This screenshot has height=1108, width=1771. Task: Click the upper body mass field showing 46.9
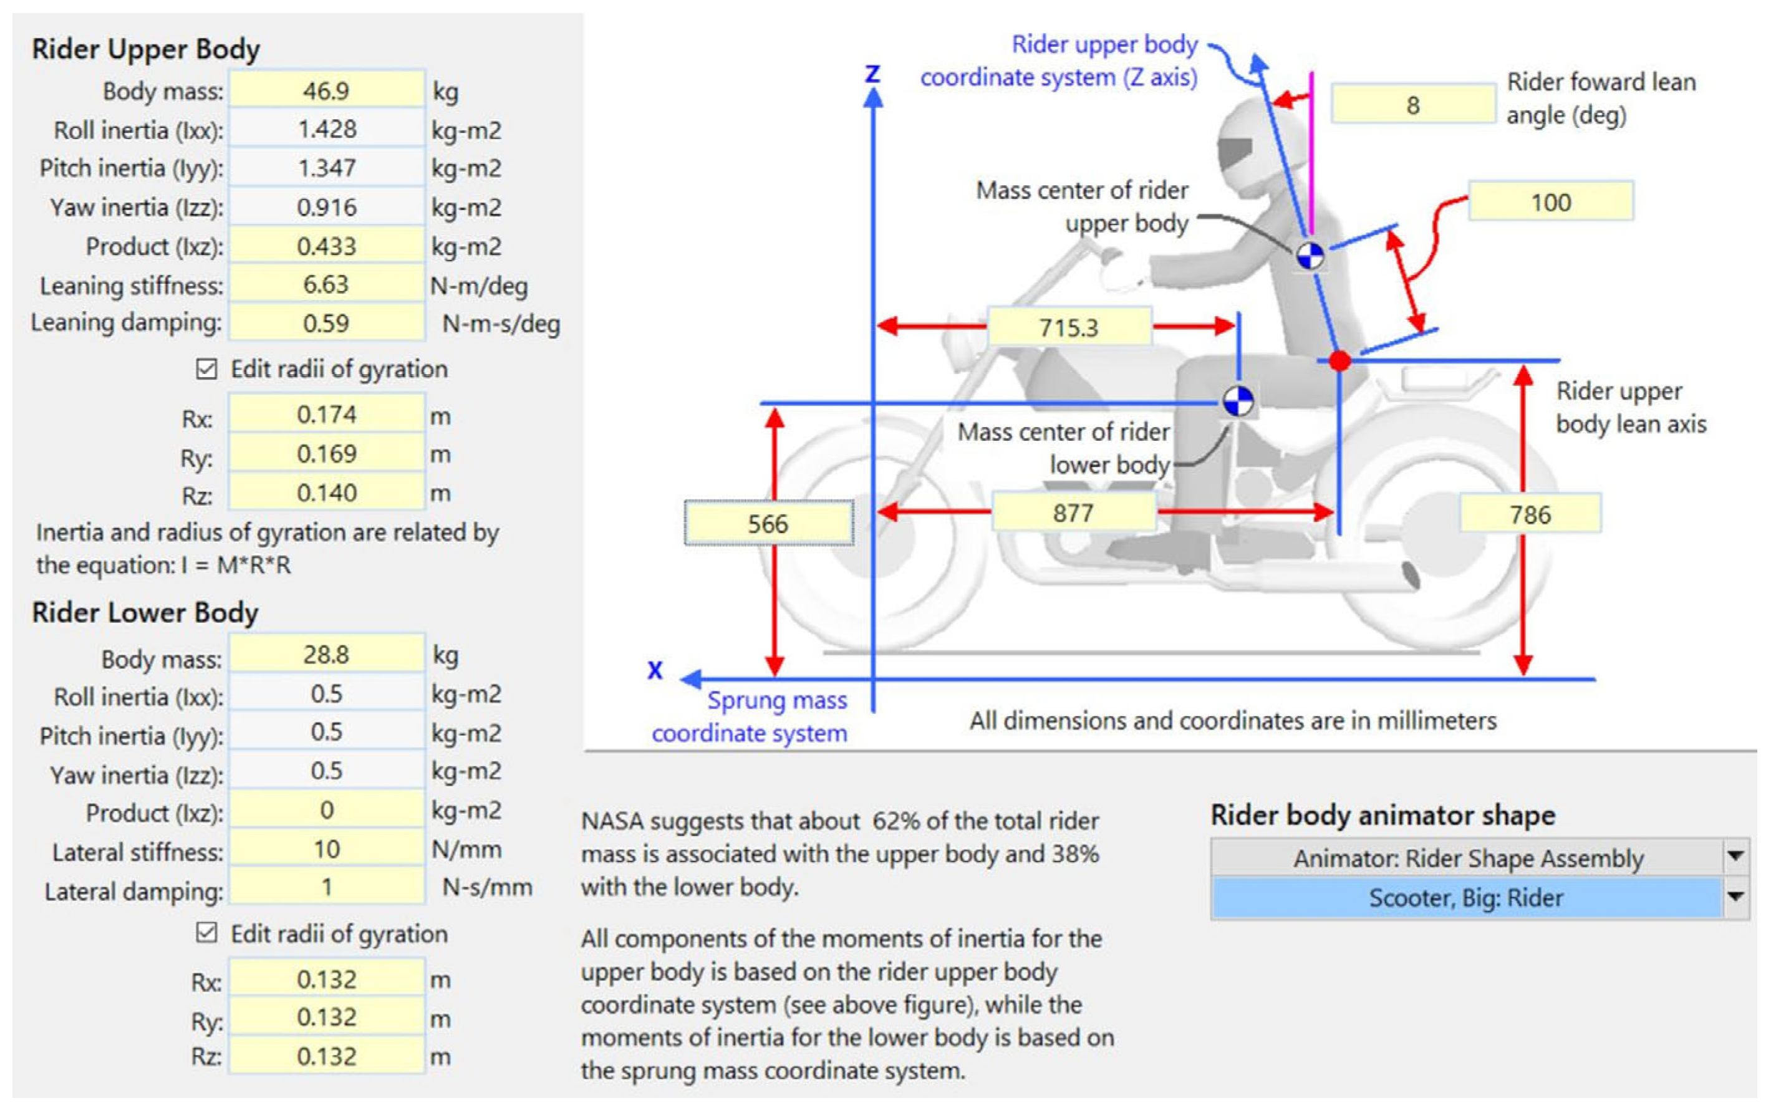[x=327, y=91]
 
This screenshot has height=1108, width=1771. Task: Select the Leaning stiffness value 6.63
[x=327, y=284]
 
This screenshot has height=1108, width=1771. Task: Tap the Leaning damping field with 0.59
[x=327, y=323]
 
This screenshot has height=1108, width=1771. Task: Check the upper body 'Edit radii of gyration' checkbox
[x=206, y=369]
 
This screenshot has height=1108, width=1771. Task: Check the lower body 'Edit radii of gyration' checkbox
[x=206, y=933]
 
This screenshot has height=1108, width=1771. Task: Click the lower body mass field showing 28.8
[x=327, y=655]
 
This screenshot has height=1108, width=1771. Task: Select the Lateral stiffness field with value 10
[x=327, y=849]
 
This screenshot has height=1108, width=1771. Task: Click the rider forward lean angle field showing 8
[x=1412, y=105]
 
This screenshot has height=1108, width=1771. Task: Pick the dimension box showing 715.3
[x=1069, y=327]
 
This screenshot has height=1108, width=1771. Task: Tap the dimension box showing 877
[x=1073, y=513]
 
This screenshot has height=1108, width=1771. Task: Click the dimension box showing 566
[x=768, y=523]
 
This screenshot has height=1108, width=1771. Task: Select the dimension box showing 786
[x=1530, y=514]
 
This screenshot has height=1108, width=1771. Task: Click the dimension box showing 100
[x=1550, y=201]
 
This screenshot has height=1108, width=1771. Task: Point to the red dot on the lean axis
[x=1339, y=360]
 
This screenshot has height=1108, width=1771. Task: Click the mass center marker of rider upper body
[x=1310, y=256]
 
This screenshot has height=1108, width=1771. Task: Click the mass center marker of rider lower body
[x=1238, y=401]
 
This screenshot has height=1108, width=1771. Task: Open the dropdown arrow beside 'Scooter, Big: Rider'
[x=1734, y=897]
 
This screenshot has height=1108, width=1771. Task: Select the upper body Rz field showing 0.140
[x=327, y=493]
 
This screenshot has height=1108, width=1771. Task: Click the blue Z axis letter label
[x=872, y=74]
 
